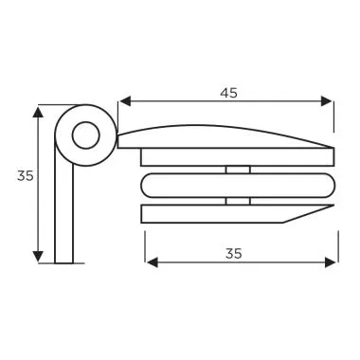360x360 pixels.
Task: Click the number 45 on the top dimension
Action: (x=227, y=93)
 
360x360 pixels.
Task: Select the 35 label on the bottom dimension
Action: (x=234, y=253)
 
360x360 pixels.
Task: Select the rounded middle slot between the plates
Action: (x=237, y=184)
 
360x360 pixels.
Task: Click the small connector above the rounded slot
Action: (x=238, y=170)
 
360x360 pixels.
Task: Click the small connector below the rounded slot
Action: (x=238, y=200)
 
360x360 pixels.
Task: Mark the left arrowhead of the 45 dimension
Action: (x=123, y=101)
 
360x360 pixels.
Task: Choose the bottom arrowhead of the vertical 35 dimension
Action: (x=38, y=258)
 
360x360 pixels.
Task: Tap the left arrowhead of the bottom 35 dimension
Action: (x=149, y=261)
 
